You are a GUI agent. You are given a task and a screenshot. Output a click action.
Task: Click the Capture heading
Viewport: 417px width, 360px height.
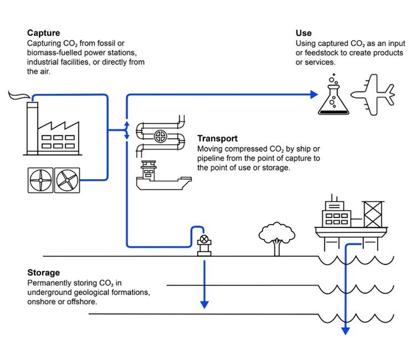click(x=43, y=33)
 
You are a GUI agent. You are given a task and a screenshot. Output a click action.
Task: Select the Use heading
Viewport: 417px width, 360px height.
click(x=304, y=33)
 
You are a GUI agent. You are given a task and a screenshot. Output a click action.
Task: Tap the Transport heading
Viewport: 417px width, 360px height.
click(x=218, y=139)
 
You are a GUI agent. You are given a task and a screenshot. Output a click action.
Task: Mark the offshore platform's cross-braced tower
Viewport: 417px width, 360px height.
click(x=373, y=212)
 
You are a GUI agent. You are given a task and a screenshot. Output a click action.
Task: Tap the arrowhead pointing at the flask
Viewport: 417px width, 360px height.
click(x=313, y=95)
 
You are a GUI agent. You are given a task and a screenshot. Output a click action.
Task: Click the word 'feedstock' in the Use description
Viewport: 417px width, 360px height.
click(x=320, y=53)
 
